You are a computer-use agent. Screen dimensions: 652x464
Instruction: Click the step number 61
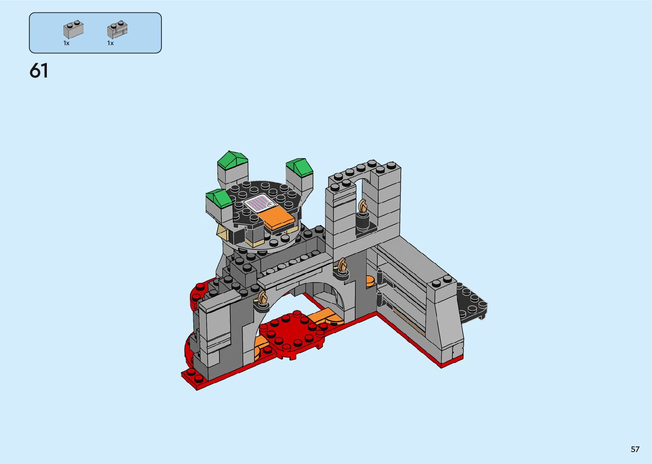(x=39, y=71)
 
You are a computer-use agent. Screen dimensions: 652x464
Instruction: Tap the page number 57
(x=635, y=449)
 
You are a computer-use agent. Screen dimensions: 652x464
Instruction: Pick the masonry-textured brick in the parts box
(x=117, y=29)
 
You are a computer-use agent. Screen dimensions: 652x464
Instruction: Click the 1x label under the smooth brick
(x=66, y=43)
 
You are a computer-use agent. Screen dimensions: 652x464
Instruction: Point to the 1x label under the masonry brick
(x=110, y=43)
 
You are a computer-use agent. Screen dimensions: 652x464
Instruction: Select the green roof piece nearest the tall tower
(x=299, y=167)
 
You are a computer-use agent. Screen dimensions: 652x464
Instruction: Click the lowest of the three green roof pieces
(x=219, y=198)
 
